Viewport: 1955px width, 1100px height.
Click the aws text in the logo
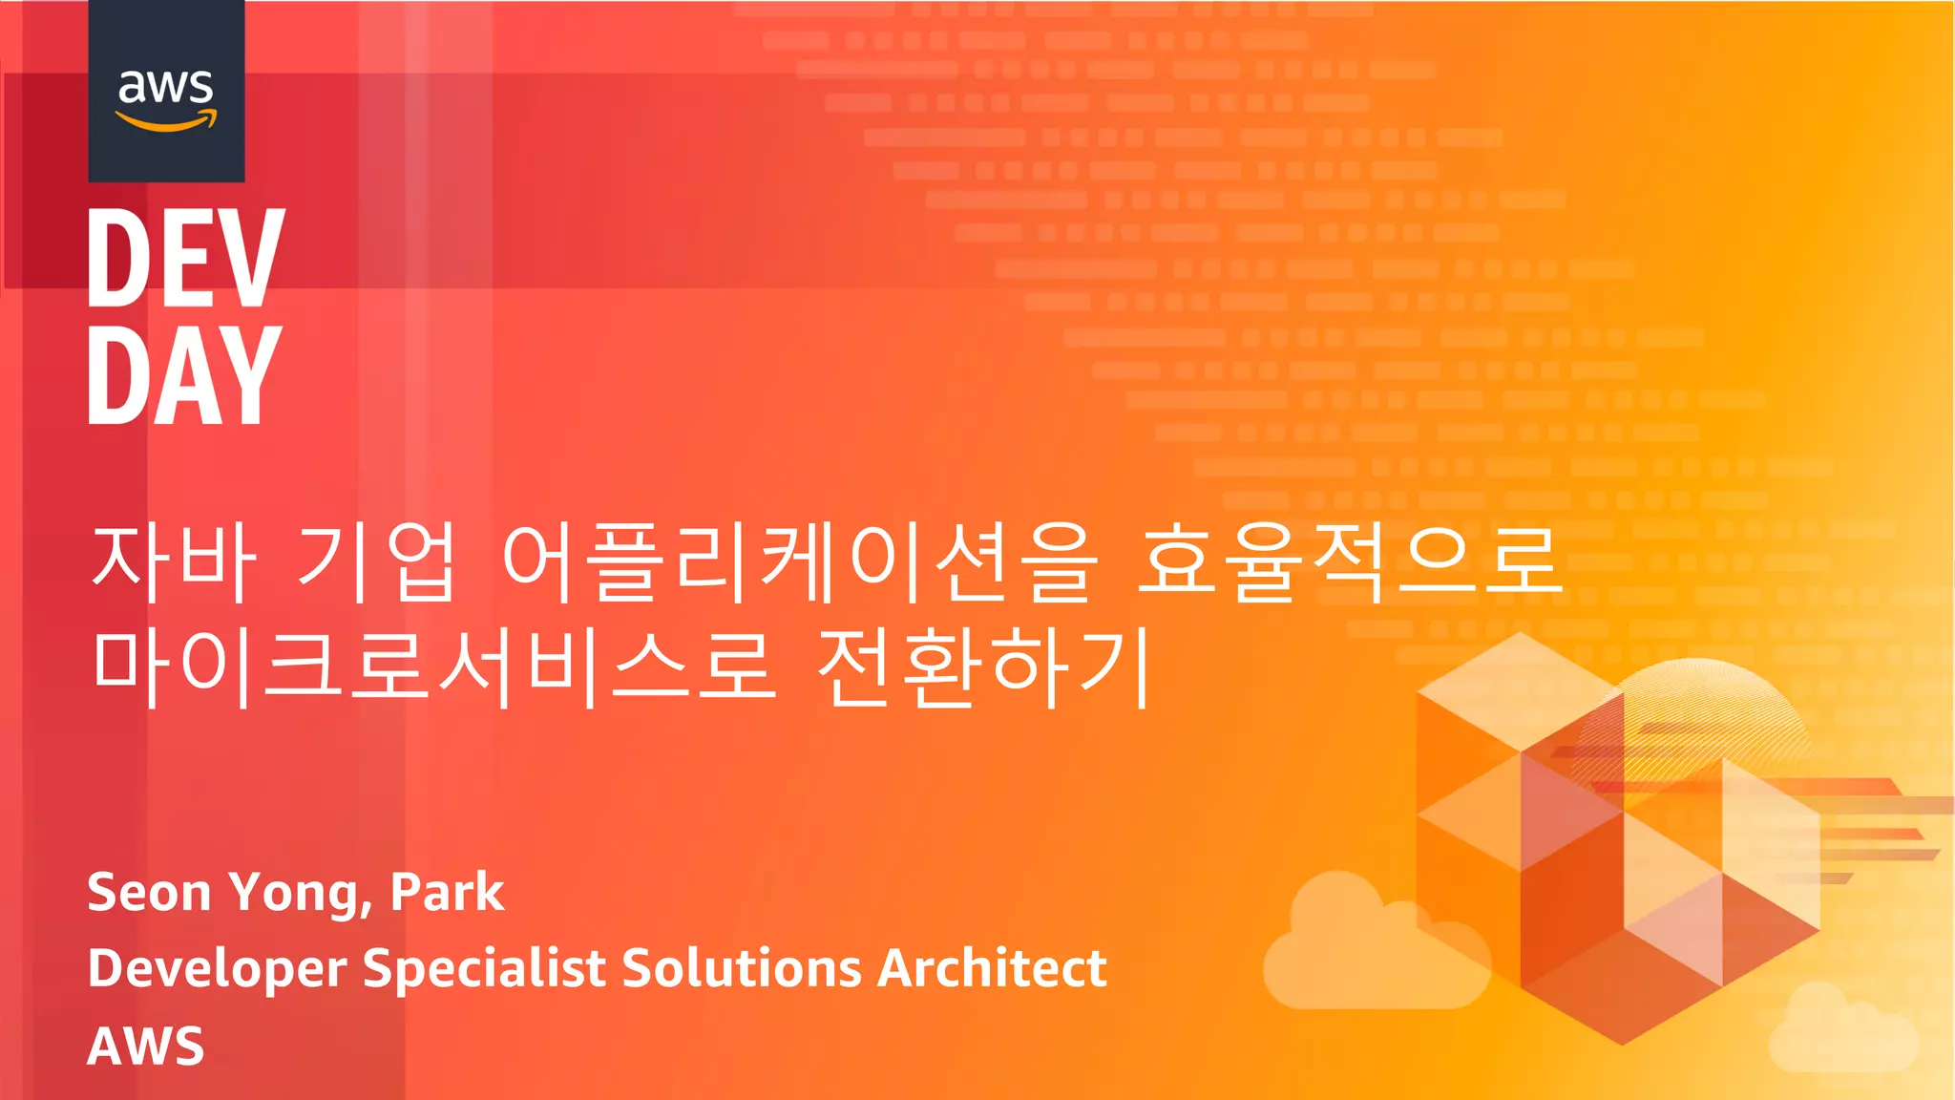165,87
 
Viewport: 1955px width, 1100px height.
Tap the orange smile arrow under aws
166,121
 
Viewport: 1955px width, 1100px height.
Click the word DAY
184,374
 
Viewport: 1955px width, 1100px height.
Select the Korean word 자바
173,562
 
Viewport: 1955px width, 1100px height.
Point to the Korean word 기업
374,562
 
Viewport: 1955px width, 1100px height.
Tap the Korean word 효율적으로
1349,562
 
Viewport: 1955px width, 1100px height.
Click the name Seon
149,893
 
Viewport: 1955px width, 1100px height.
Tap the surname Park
447,893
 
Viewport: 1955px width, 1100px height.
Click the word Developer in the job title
217,969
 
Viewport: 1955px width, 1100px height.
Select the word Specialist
484,969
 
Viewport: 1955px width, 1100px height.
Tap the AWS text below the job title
145,1047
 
